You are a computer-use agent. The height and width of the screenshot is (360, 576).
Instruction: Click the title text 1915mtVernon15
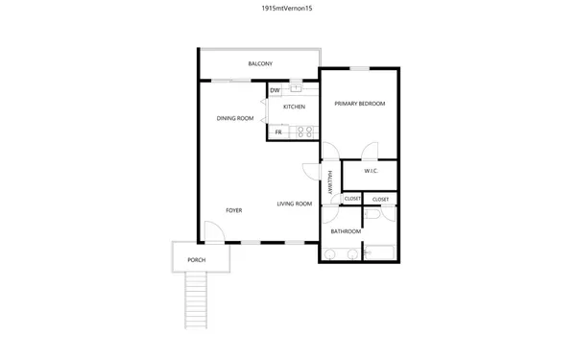point(287,8)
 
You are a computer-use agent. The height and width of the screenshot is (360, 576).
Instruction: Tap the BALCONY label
point(260,64)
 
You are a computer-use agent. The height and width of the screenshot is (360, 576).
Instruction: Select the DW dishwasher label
point(275,90)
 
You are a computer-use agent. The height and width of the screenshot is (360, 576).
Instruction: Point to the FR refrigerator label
point(278,132)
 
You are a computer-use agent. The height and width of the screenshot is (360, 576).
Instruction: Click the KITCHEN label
point(294,107)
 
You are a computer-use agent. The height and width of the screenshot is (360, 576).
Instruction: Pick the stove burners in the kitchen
point(304,132)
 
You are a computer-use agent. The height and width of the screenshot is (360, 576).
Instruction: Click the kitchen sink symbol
point(296,89)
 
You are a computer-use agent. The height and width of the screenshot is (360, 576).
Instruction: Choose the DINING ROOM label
point(235,118)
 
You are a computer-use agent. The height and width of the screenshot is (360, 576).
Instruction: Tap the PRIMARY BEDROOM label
point(359,103)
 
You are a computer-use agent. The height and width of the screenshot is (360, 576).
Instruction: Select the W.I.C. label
point(372,171)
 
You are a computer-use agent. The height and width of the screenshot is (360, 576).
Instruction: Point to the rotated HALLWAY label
point(329,182)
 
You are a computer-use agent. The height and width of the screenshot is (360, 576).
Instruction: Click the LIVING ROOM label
point(295,204)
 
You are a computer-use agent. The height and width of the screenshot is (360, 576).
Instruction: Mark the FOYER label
point(233,209)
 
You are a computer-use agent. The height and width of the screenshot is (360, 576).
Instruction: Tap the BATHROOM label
point(346,231)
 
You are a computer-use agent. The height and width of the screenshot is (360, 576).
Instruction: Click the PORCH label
point(196,260)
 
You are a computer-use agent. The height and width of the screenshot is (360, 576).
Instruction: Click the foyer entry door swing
point(214,232)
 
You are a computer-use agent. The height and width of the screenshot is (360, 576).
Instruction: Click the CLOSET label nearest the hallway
point(352,199)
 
